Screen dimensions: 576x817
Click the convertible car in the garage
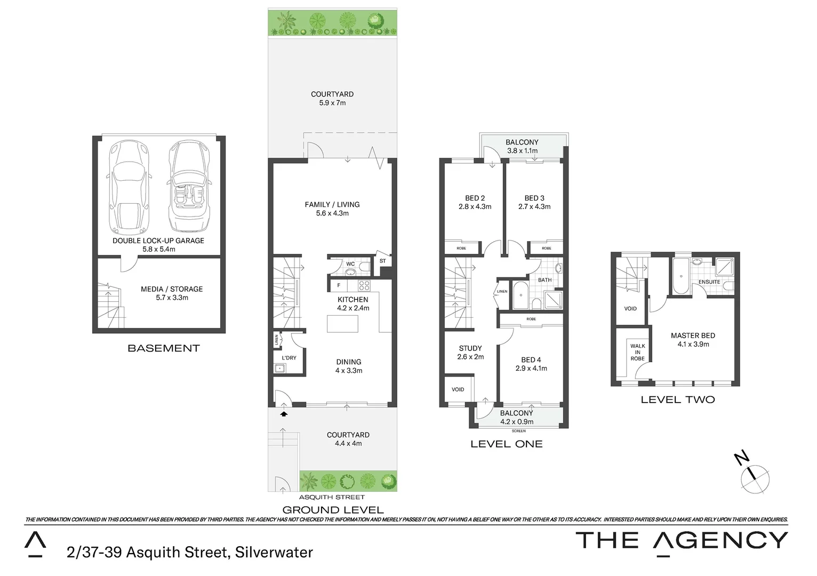click(186, 187)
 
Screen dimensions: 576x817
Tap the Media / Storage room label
click(172, 289)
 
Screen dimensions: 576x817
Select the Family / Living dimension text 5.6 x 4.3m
click(332, 213)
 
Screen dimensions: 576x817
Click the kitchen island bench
click(342, 323)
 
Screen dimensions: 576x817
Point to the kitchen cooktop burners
click(364, 285)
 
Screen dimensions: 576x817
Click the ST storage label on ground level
click(382, 261)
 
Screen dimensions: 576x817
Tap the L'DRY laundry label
click(289, 358)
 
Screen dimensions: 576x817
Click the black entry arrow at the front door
click(284, 413)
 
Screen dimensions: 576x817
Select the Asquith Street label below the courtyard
click(332, 497)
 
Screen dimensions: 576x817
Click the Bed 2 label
click(475, 198)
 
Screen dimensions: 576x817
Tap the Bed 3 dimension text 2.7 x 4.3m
click(534, 207)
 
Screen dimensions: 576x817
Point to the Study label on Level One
click(470, 348)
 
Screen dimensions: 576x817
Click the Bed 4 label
click(531, 360)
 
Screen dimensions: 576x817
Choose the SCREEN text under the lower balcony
click(518, 431)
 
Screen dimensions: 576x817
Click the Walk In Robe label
click(637, 352)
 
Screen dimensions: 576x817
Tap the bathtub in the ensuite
click(680, 276)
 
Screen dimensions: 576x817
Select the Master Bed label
click(693, 335)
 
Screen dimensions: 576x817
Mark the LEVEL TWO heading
click(677, 399)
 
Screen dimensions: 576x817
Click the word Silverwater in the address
click(274, 553)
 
